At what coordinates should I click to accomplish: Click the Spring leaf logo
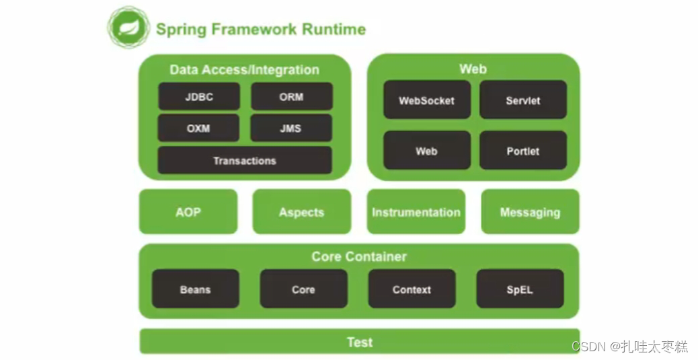point(128,28)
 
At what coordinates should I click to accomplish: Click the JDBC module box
point(199,96)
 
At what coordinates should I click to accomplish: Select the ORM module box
point(292,96)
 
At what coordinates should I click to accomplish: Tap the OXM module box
point(198,128)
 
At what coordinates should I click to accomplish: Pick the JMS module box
point(291,128)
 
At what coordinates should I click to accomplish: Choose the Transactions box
point(245,160)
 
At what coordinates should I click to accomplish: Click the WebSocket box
point(427,100)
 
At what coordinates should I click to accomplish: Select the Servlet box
point(523,100)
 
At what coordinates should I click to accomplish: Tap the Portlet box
point(523,151)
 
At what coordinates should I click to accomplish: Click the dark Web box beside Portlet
point(427,151)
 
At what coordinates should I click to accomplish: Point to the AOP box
point(188,212)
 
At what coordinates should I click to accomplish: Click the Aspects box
point(302,212)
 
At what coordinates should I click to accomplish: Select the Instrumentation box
point(416,212)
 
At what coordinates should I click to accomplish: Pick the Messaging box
point(530,212)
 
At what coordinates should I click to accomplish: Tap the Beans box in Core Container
point(196,289)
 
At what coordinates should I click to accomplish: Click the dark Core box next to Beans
point(303,289)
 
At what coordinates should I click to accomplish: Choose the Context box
point(412,289)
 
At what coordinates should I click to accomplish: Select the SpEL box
point(520,289)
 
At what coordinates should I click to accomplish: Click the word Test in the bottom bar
point(360,342)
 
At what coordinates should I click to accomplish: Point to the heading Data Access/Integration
point(244,69)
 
